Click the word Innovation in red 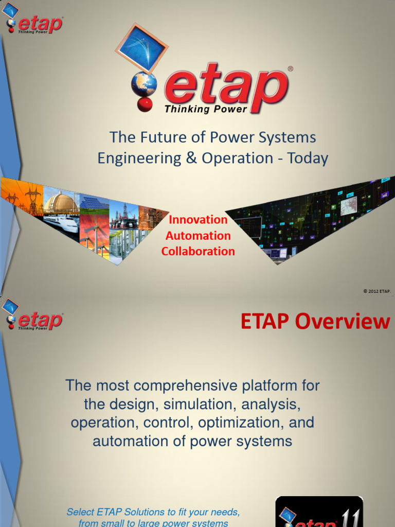198,220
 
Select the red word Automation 198,236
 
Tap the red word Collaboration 198,251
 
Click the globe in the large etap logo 144,84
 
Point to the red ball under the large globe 145,104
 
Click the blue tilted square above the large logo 141,48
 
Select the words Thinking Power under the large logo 206,109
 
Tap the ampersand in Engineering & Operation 191,158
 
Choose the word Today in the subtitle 308,158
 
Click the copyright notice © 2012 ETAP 377,291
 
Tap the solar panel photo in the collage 94,203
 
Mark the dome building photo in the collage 61,202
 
